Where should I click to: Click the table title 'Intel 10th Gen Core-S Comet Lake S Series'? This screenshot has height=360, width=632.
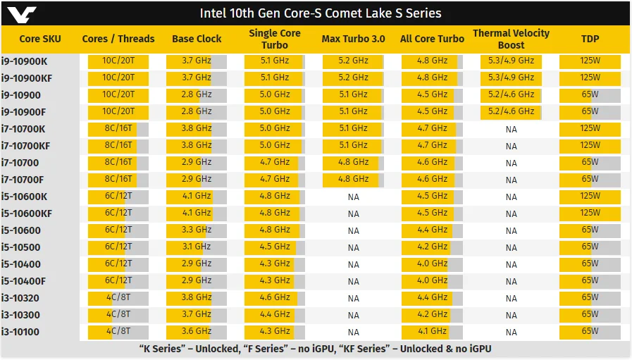click(x=321, y=13)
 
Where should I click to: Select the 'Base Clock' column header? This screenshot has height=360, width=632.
click(x=197, y=39)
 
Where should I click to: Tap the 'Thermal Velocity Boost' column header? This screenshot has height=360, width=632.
click(x=511, y=39)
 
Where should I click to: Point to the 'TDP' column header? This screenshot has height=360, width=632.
click(x=590, y=39)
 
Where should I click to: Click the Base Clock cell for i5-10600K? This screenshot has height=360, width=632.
click(x=197, y=196)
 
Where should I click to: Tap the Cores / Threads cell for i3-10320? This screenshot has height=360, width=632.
click(x=118, y=297)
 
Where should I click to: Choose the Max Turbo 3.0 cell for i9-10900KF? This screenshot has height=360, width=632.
click(x=353, y=77)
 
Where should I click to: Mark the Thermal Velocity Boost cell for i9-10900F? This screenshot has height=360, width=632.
click(x=511, y=111)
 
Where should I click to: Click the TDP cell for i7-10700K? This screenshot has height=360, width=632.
click(x=590, y=128)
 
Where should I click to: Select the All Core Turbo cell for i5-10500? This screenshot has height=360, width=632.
click(x=432, y=247)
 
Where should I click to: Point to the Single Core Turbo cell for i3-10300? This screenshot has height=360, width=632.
click(x=275, y=314)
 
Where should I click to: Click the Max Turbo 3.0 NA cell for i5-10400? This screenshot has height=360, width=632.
click(x=353, y=264)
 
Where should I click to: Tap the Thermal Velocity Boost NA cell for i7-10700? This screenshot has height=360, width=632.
click(x=511, y=163)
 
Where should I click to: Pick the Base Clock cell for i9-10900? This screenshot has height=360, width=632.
click(x=197, y=94)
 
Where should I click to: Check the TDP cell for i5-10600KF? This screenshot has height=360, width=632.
click(x=590, y=213)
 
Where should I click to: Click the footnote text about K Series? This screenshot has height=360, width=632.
click(x=315, y=349)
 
